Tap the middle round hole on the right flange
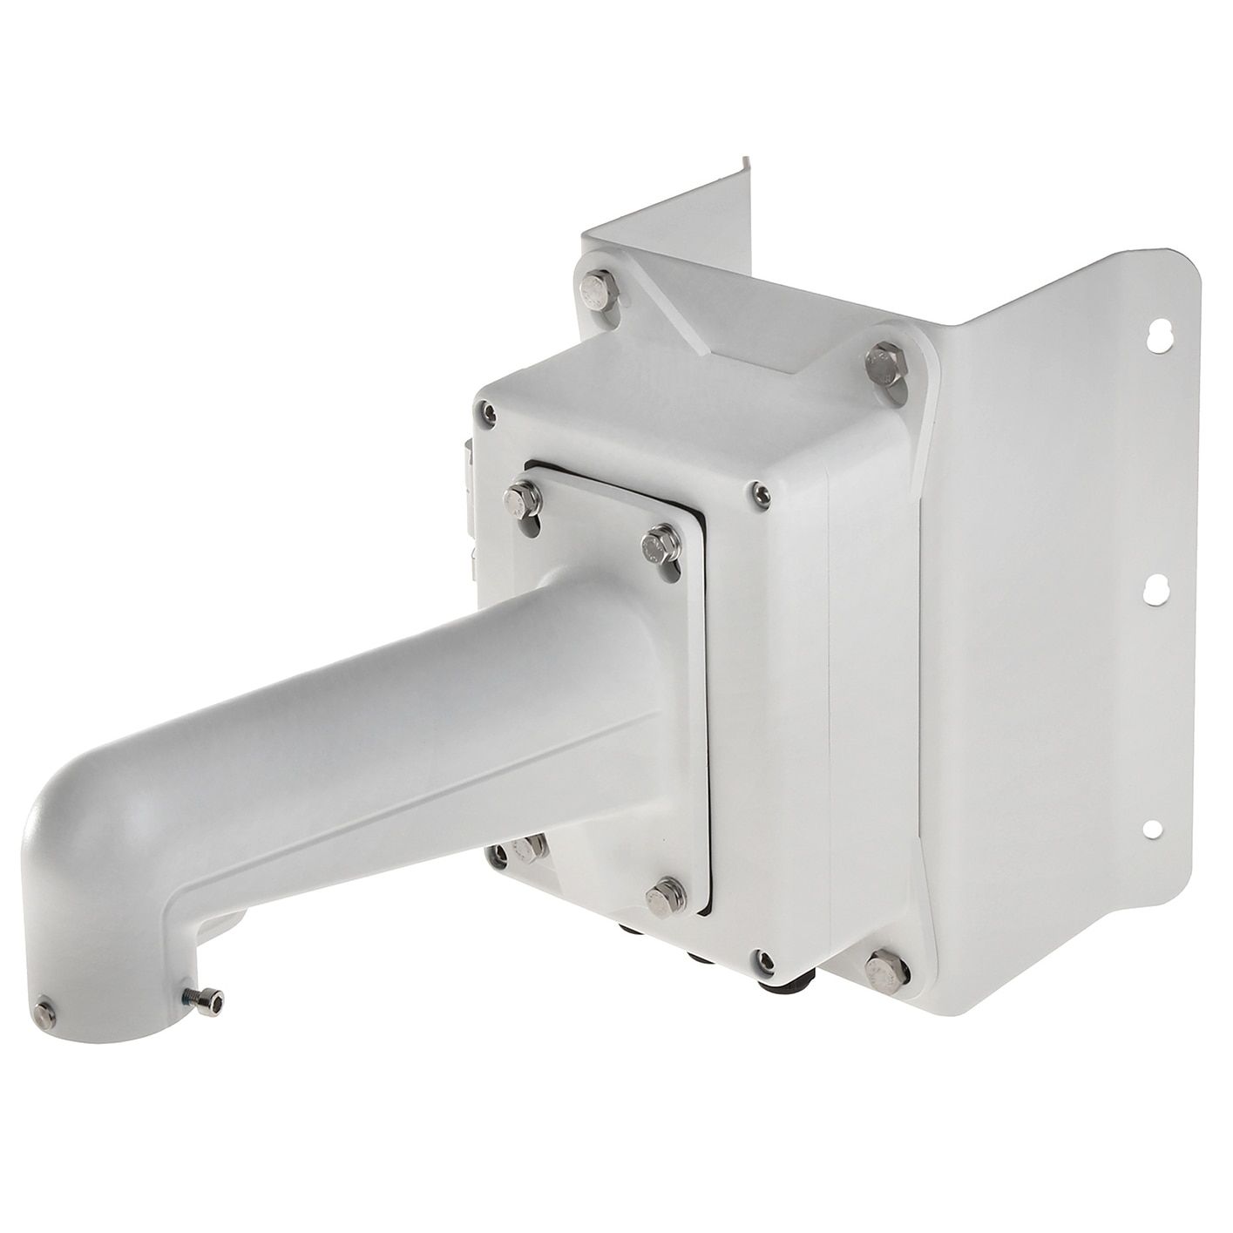point(1155,591)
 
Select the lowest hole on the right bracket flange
point(1152,829)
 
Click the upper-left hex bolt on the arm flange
point(522,499)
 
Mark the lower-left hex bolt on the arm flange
point(529,847)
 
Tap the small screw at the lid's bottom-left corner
point(498,857)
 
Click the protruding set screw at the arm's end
point(205,1003)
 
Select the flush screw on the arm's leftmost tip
point(44,1014)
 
